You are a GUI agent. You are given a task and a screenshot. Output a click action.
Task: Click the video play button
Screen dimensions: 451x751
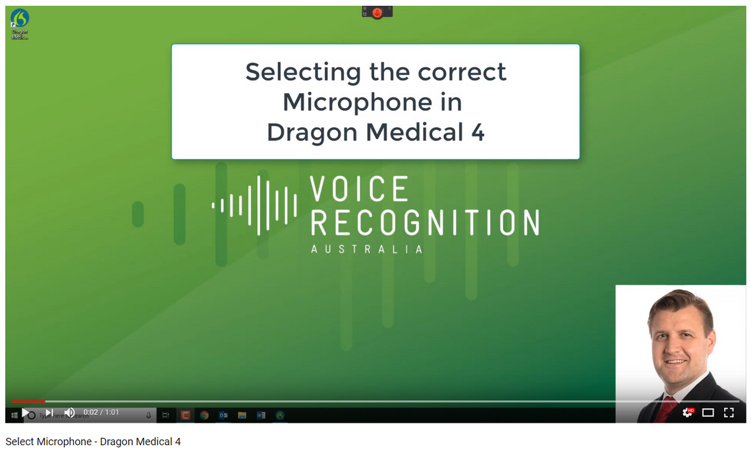tap(26, 413)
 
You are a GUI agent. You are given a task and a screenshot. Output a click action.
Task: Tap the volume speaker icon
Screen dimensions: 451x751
tap(69, 413)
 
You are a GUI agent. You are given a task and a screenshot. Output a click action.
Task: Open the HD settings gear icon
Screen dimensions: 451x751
tap(687, 412)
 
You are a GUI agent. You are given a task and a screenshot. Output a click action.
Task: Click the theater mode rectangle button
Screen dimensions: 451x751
tap(708, 413)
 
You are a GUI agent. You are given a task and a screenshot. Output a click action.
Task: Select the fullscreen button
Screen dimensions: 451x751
tap(729, 413)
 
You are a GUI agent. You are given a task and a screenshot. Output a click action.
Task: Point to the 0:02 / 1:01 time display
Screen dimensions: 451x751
tap(101, 412)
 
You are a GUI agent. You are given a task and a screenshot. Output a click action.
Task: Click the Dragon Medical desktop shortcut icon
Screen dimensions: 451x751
tap(20, 19)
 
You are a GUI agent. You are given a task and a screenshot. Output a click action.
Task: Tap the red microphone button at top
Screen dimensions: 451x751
tap(377, 13)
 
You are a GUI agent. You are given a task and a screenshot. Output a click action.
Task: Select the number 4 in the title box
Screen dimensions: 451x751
tap(478, 133)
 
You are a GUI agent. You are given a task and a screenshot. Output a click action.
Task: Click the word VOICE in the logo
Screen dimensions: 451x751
tap(359, 190)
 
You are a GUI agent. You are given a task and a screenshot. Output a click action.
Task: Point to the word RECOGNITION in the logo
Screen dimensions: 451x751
tap(424, 223)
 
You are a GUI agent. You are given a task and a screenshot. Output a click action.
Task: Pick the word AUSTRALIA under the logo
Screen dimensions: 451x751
tap(366, 249)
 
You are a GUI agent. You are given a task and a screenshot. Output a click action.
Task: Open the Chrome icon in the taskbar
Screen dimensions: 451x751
tap(204, 415)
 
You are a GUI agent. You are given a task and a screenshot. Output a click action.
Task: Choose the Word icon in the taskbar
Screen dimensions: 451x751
tap(261, 415)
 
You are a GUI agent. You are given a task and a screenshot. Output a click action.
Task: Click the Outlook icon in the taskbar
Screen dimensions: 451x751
tap(223, 415)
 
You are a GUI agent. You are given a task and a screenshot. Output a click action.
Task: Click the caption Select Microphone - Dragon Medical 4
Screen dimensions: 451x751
tap(93, 442)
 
